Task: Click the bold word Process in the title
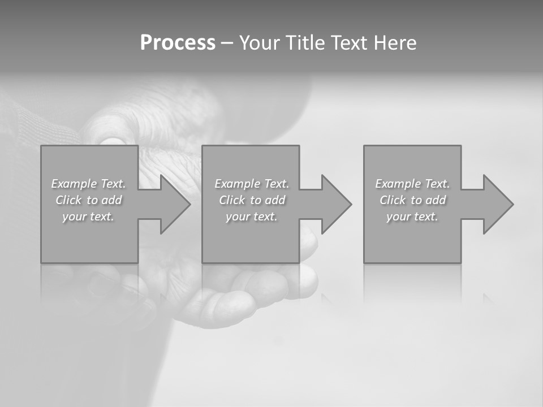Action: pos(178,43)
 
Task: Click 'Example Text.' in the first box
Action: pos(88,184)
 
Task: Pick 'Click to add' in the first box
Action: pos(88,200)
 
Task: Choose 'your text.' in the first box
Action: pos(88,217)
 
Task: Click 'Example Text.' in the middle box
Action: pos(251,184)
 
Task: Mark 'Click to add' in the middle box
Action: pos(251,200)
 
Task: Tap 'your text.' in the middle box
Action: pos(251,217)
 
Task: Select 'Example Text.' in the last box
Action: pos(412,184)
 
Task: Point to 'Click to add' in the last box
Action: pos(412,200)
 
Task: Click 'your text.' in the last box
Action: pos(412,217)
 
